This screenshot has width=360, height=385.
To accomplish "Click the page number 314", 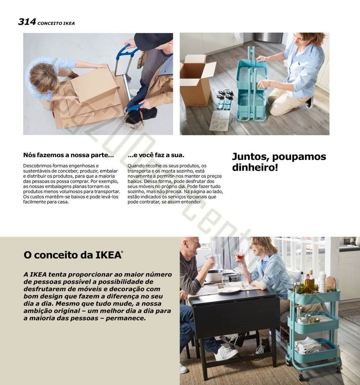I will click(x=27, y=22).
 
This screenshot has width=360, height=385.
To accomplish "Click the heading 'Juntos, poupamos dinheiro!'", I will click(x=279, y=162).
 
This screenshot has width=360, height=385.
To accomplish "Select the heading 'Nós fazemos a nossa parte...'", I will click(x=68, y=155).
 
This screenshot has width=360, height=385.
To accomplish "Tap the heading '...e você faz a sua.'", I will click(x=156, y=155).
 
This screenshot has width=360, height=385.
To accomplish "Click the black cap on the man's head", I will click(x=153, y=41).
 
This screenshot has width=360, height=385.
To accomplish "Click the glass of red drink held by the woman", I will click(x=240, y=255).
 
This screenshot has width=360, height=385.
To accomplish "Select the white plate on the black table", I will click(x=229, y=290).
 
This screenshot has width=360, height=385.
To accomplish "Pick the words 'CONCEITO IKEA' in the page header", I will click(x=56, y=23).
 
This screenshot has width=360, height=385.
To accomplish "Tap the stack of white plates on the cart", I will click(x=322, y=282).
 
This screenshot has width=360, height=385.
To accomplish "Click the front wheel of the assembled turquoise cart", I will click(x=288, y=362).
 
